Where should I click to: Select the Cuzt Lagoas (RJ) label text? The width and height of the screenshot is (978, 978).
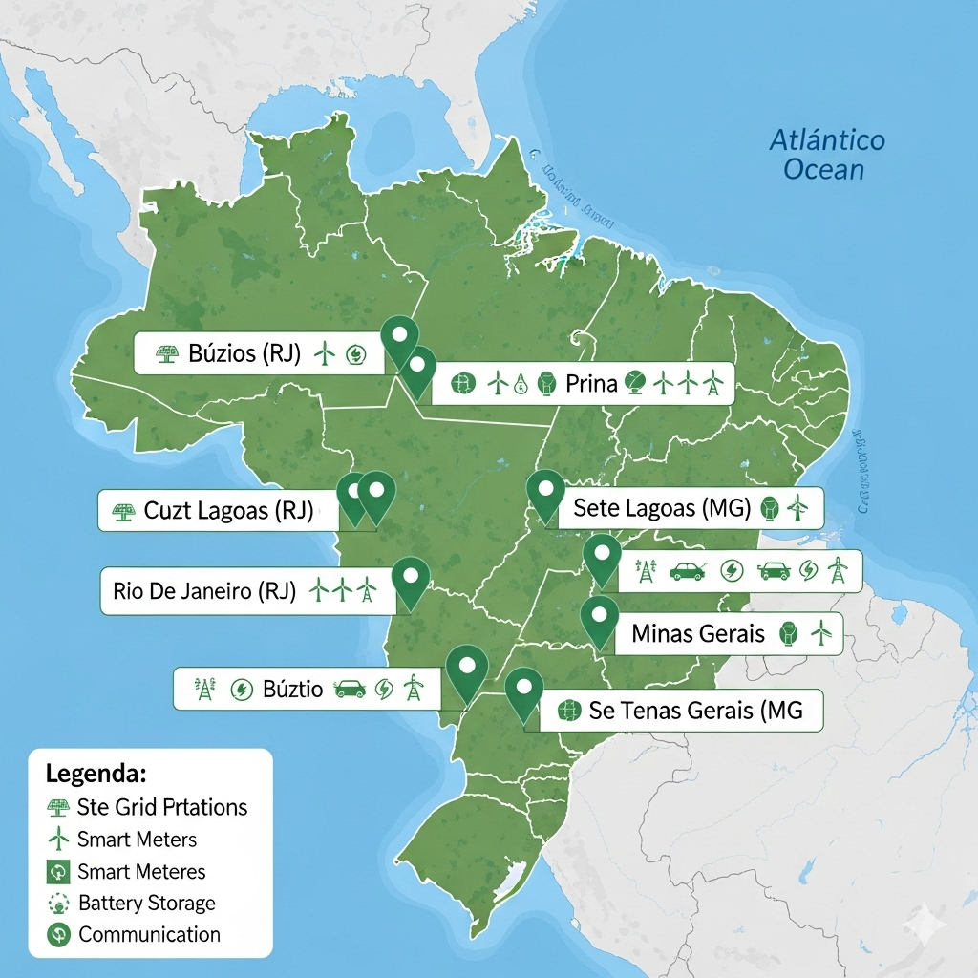tap(228, 511)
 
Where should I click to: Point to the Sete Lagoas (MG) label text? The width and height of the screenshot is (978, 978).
tap(662, 508)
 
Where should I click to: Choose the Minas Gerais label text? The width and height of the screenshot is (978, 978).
tap(698, 633)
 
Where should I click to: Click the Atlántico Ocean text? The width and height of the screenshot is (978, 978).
tap(827, 156)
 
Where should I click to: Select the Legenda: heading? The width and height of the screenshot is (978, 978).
tap(96, 773)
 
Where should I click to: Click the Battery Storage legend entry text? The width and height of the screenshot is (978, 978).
tap(147, 903)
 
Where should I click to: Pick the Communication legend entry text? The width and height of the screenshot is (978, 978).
tap(149, 934)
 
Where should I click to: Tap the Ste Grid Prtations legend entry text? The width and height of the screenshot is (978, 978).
tap(162, 807)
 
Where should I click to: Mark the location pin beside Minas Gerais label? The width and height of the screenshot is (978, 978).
tap(599, 618)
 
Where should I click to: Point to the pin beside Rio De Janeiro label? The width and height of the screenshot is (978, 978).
tap(411, 580)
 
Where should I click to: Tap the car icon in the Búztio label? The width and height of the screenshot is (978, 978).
tap(350, 689)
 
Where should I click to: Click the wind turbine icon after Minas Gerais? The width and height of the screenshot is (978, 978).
tap(820, 632)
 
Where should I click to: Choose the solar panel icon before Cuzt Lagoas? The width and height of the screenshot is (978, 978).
tap(121, 511)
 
